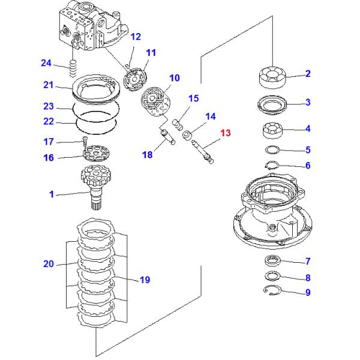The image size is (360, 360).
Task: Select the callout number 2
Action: [x=308, y=74]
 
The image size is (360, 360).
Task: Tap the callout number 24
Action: [x=46, y=62]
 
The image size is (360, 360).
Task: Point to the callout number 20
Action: [x=48, y=263]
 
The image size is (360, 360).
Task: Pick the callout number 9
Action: [x=308, y=293]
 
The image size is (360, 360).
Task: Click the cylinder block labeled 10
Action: [x=155, y=100]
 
